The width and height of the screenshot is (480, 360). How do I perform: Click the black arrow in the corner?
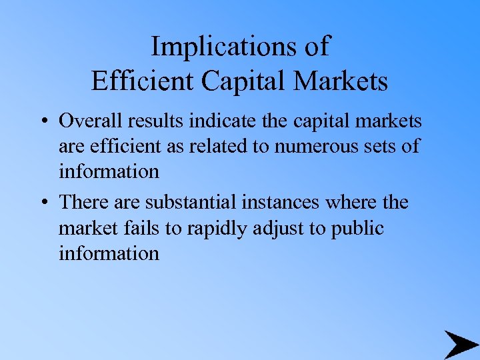(460, 344)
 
